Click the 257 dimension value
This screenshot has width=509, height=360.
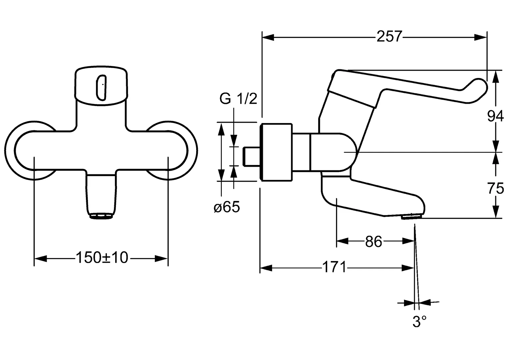[389, 36]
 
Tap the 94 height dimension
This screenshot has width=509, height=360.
[496, 116]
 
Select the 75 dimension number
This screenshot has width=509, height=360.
[496, 189]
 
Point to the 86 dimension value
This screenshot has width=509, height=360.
[373, 242]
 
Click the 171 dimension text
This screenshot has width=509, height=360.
[334, 267]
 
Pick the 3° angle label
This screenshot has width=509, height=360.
[419, 322]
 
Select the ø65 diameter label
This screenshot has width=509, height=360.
[227, 207]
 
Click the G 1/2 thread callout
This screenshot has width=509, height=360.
[238, 99]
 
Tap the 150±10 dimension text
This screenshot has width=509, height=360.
[102, 258]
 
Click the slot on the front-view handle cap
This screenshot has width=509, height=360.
[101, 87]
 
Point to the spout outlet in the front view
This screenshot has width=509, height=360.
[101, 216]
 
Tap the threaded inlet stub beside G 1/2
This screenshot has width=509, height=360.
[251, 156]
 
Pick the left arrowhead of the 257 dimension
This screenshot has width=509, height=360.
[268, 37]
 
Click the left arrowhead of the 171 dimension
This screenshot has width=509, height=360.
[266, 268]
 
